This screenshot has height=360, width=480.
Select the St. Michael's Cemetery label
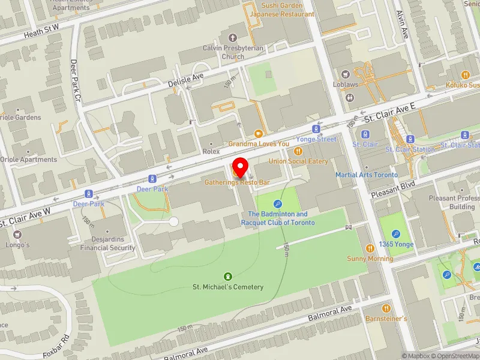point(227,287)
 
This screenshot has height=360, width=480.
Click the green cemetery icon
point(227,276)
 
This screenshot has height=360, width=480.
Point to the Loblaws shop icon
point(346,74)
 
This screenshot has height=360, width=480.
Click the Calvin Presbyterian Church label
point(224,53)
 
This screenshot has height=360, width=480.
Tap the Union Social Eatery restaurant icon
point(298,151)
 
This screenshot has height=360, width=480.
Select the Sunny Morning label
point(370,259)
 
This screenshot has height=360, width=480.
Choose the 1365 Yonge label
point(395,244)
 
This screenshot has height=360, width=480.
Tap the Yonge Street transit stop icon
point(315,129)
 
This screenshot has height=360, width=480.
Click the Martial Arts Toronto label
point(367,175)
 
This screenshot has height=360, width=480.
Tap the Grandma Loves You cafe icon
point(259,134)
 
